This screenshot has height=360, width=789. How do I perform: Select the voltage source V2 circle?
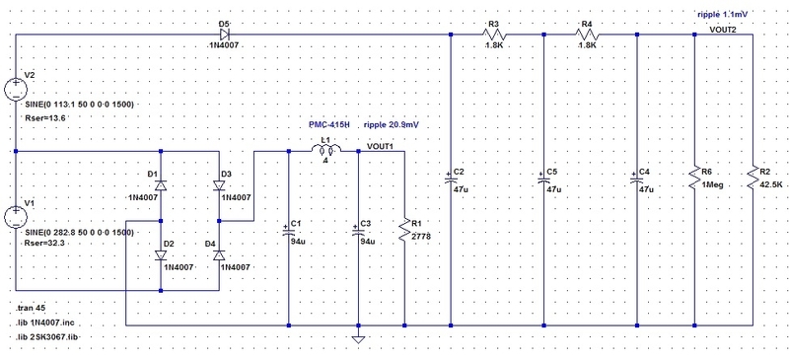[18, 89]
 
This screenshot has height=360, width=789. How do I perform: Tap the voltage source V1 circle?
[18, 217]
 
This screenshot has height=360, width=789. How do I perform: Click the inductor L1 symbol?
[324, 152]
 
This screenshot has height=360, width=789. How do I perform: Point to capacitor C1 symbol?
[288, 232]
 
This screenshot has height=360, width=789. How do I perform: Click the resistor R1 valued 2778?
[404, 232]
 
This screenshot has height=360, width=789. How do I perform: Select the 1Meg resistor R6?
[695, 179]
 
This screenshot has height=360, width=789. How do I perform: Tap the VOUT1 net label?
[380, 146]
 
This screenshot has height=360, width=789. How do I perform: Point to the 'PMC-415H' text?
[329, 126]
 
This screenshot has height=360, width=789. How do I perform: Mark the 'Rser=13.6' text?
[43, 117]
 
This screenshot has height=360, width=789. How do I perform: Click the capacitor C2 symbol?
[451, 179]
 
